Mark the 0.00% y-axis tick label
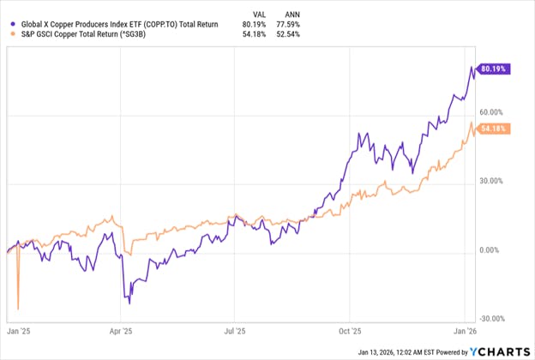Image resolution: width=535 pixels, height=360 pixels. point(498,250)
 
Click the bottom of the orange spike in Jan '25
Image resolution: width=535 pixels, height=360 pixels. point(18,309)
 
